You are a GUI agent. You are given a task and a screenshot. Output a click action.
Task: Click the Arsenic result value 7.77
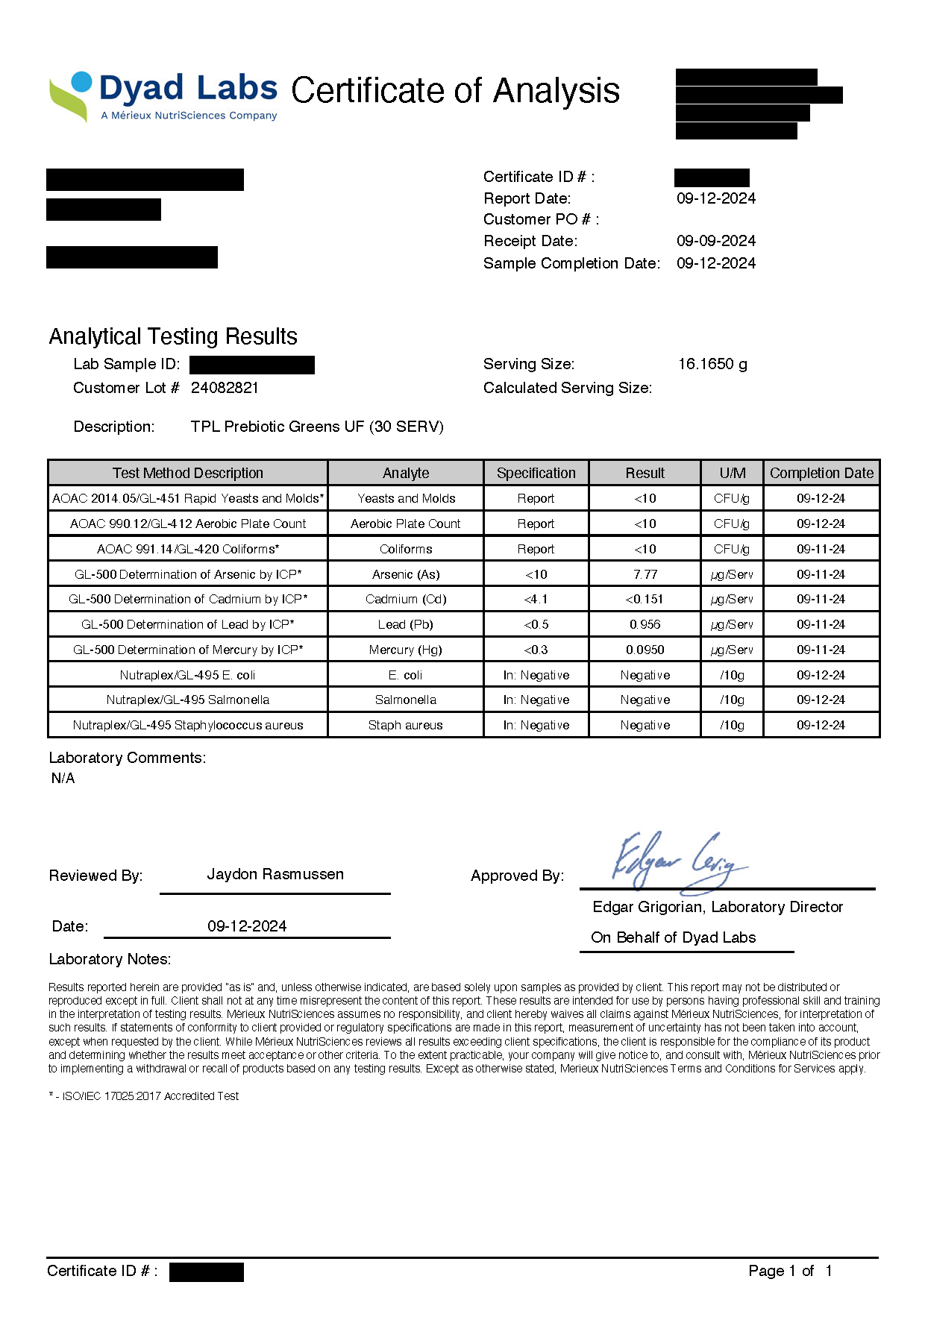tap(645, 574)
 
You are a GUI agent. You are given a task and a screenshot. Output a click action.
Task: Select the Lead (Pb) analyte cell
tap(405, 624)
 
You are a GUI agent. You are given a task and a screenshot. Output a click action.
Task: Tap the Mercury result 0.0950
tap(645, 650)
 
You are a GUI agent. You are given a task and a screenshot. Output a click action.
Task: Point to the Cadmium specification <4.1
tap(536, 599)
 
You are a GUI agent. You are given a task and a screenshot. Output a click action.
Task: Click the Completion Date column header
tap(821, 473)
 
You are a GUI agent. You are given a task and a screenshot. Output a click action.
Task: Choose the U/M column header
tap(732, 473)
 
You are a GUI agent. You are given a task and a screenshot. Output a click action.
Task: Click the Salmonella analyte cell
tap(405, 700)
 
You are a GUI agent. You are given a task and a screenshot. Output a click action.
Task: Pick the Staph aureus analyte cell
tap(405, 725)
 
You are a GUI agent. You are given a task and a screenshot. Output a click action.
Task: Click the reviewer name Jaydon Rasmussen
tap(275, 874)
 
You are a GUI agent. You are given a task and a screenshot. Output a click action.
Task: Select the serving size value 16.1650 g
tap(712, 364)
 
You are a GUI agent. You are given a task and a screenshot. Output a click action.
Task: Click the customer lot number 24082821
tap(225, 388)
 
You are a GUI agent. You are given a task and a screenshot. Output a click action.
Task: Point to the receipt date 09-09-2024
tap(715, 241)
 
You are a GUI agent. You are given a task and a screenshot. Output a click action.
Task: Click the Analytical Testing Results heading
tap(173, 336)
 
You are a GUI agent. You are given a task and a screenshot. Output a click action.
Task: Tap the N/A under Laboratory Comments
tap(63, 778)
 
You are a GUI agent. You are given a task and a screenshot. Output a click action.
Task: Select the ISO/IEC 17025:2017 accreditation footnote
tap(144, 1096)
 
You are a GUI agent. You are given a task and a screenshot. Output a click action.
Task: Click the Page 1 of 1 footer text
tap(789, 1271)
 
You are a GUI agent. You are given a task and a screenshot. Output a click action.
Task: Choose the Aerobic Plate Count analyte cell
tap(405, 524)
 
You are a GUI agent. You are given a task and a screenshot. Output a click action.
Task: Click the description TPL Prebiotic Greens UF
tap(317, 427)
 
